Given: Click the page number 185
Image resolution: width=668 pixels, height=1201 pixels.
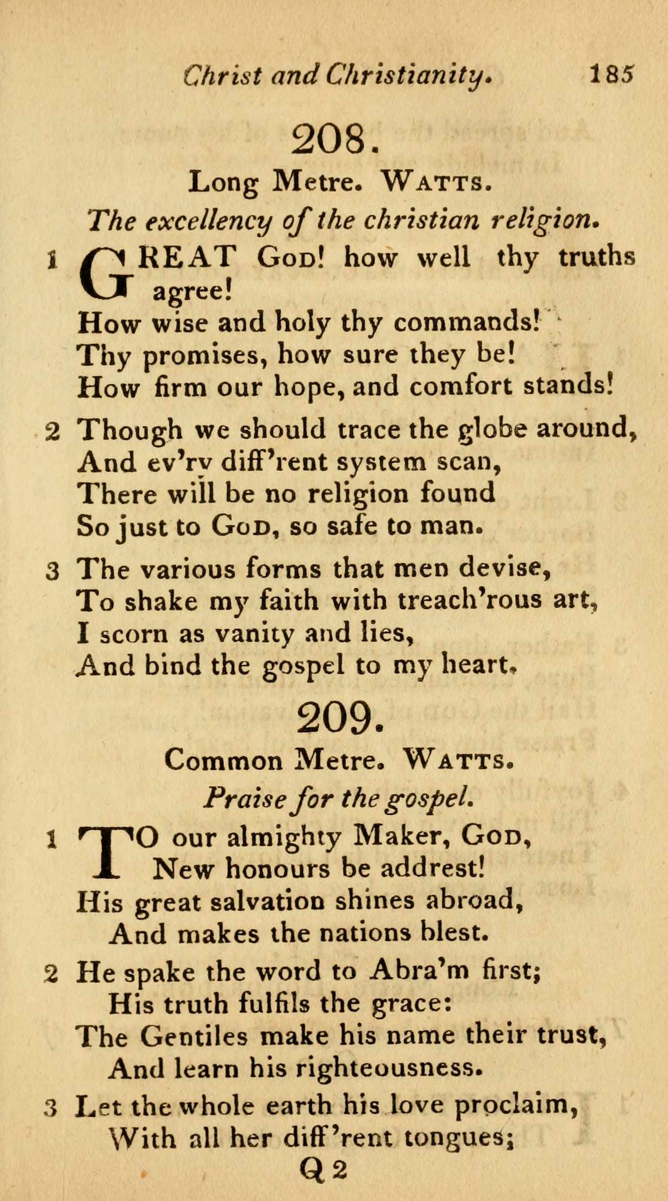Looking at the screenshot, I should tap(611, 73).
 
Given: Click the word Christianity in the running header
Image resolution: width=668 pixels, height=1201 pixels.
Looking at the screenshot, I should tap(408, 76).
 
